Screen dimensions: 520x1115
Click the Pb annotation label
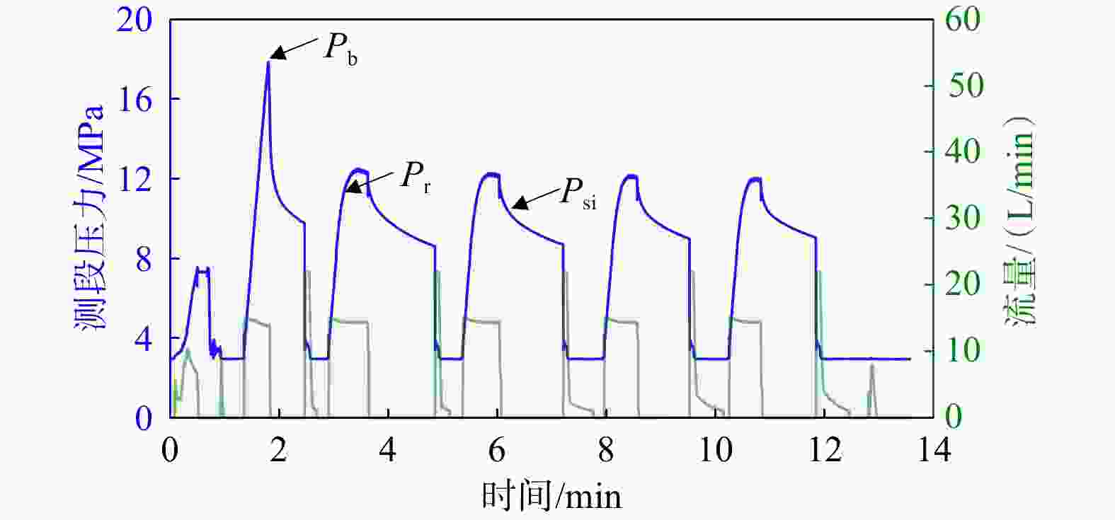pos(341,48)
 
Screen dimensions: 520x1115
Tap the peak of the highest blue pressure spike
pos(268,62)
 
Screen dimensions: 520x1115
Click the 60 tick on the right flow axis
pos(963,19)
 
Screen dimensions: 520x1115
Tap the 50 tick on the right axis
pos(963,86)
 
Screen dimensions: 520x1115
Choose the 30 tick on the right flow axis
pos(963,219)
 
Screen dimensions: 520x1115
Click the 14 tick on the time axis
pos(933,450)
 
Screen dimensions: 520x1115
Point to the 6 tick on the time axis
pos(497,450)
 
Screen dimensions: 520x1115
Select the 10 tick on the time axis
pos(715,450)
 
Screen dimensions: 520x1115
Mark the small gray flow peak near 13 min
pos(871,365)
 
